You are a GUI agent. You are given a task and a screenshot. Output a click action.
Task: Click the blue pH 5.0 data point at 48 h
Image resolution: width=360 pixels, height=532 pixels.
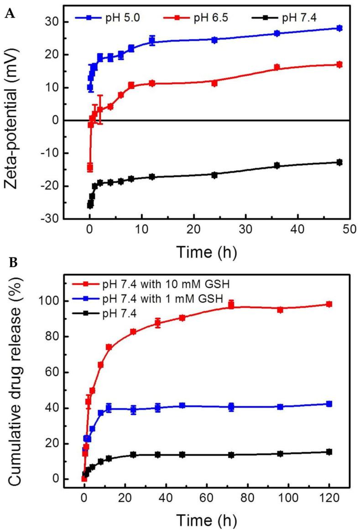coord(339,28)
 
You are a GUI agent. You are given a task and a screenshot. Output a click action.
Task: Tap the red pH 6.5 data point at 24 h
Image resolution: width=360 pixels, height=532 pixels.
coord(214,83)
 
